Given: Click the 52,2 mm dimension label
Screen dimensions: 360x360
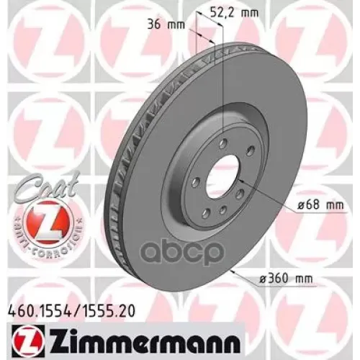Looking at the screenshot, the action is point(234,13).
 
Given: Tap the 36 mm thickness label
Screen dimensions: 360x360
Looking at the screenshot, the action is point(166,24).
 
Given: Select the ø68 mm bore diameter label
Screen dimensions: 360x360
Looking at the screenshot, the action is point(320,205).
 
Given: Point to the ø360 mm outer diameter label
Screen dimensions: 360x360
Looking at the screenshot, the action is point(287,279).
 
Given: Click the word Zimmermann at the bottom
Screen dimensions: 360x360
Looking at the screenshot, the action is point(143,341).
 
